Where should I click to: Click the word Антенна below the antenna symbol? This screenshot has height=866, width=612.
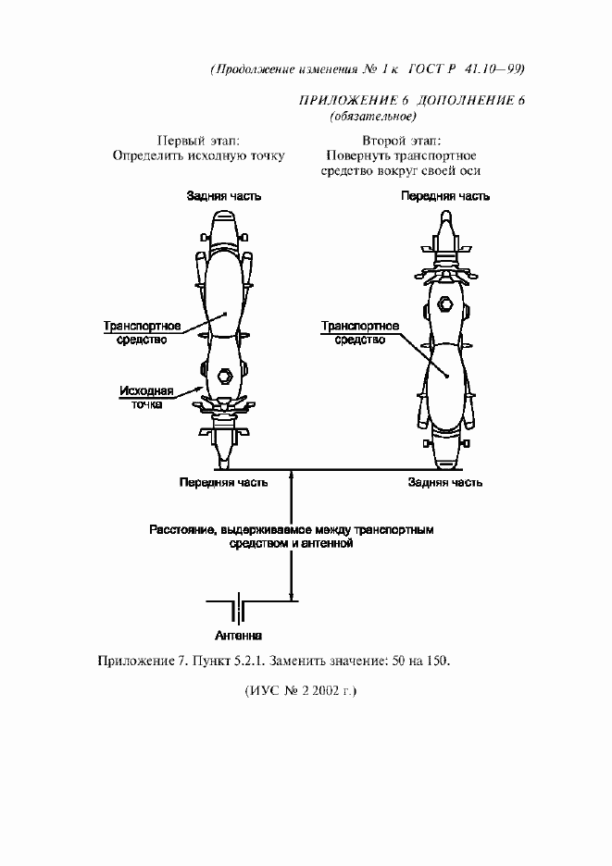coord(238,636)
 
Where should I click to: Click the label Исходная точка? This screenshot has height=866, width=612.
coord(146,398)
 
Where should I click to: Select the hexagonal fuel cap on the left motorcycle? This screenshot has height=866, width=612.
coord(225,376)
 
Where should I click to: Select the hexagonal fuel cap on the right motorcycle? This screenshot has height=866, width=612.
coord(444,303)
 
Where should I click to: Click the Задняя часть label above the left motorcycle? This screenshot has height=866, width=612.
coord(224,196)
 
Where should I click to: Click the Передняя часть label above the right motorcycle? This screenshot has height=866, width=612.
coord(445,196)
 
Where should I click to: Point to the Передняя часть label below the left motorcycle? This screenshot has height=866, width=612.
coord(223,483)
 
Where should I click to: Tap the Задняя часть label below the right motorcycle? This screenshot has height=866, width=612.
coord(445,483)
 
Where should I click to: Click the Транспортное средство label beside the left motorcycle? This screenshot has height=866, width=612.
coord(142,332)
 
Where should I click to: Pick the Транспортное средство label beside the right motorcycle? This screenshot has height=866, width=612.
coord(360,332)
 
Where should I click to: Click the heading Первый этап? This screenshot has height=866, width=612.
coord(198,141)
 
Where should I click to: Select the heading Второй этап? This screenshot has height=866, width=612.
coord(402,141)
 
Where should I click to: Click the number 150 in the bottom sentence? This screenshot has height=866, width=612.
coord(437,661)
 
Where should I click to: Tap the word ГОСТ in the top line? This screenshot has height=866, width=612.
coord(425,69)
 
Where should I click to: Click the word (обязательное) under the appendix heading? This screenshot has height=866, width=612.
coord(372,117)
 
